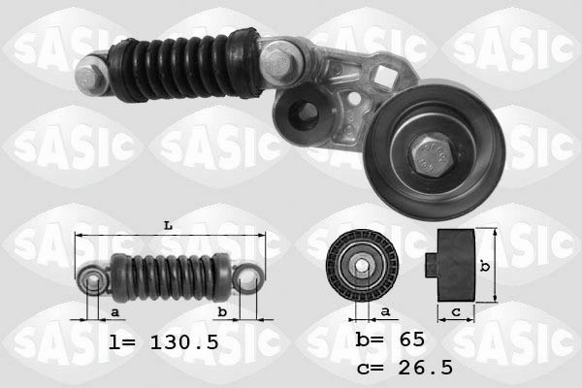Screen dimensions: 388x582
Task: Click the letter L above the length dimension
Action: click(168, 226)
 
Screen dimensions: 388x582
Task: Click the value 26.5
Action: click(421, 368)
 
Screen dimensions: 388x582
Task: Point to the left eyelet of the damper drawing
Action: click(93, 281)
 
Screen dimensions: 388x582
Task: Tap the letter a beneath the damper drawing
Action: click(115, 311)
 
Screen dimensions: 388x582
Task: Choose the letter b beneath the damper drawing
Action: click(222, 311)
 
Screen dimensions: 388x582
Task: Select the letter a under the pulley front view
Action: click(384, 310)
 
